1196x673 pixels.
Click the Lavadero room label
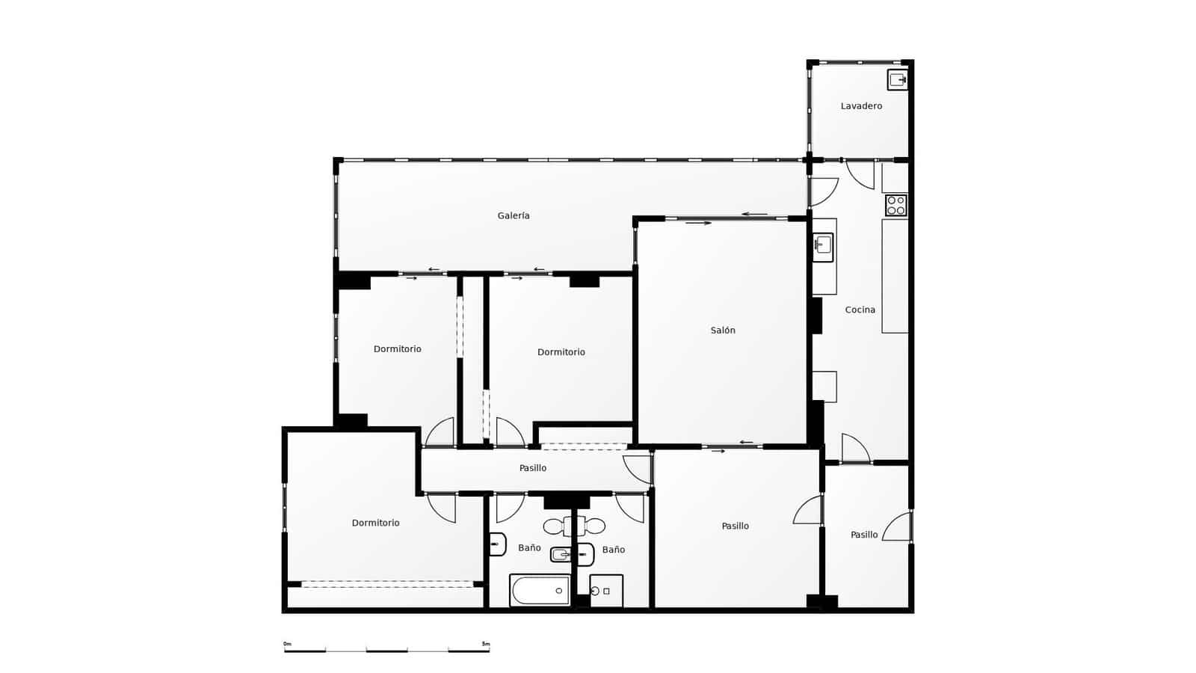861,106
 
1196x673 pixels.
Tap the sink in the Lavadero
897,79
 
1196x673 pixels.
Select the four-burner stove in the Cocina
896,205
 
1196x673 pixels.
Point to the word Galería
514,216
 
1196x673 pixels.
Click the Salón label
723,331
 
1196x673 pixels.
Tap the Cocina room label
860,310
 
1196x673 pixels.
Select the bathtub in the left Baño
540,590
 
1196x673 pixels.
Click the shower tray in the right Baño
606,591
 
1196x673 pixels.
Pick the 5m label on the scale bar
486,644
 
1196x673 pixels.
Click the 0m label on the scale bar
287,644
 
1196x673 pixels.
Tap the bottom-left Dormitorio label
375,523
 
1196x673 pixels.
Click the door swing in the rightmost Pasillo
898,528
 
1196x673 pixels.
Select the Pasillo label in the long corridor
533,468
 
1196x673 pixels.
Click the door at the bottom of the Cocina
854,449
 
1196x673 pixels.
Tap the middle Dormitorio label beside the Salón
561,352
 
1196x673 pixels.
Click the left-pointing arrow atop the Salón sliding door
754,215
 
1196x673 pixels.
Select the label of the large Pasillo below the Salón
735,526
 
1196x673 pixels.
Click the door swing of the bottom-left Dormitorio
442,508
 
